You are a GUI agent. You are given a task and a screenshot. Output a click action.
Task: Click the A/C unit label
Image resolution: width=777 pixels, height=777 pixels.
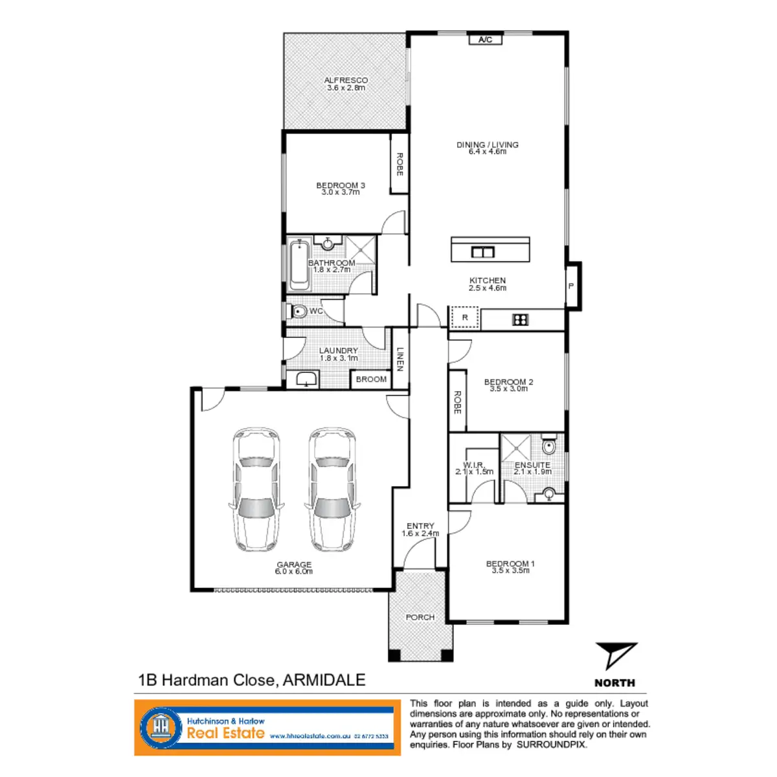click(x=485, y=39)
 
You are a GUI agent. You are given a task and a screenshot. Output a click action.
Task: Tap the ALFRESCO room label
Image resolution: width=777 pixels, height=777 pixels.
click(x=346, y=80)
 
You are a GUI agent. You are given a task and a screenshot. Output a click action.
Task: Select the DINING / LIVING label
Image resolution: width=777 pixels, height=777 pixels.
click(x=488, y=145)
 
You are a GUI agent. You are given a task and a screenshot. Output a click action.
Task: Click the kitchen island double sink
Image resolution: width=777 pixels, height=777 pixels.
click(x=483, y=252)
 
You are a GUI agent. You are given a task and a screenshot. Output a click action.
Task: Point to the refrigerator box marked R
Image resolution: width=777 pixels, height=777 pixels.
click(x=465, y=317)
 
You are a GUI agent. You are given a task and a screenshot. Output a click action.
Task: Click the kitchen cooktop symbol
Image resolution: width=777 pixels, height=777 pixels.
click(x=521, y=319)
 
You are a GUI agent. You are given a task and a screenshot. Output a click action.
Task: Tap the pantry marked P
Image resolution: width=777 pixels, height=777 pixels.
click(x=571, y=286)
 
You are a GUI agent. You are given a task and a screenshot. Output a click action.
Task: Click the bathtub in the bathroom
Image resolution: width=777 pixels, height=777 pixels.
click(x=298, y=265)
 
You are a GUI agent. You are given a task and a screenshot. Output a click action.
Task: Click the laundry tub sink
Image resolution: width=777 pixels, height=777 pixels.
click(x=304, y=379)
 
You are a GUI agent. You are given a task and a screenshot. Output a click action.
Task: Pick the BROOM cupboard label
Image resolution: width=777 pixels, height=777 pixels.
click(x=371, y=379)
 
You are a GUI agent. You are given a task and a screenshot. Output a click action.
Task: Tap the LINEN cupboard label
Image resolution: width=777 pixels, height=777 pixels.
click(x=400, y=359)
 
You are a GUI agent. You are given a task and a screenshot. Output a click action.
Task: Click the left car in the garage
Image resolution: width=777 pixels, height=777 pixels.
click(x=256, y=488)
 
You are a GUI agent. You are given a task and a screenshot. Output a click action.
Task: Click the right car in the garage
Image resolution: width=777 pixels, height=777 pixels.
click(x=332, y=488)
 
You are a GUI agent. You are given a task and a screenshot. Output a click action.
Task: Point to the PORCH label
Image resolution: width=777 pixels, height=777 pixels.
click(x=420, y=617)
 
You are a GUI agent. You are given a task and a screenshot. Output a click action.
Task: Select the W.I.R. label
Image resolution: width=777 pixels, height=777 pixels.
click(x=474, y=465)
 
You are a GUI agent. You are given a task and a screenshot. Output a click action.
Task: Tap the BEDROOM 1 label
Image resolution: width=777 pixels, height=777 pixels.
click(x=510, y=563)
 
